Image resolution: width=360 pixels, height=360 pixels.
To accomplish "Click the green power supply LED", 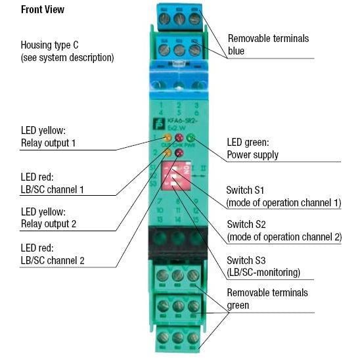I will [191, 138].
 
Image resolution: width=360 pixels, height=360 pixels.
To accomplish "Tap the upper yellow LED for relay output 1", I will [168, 138].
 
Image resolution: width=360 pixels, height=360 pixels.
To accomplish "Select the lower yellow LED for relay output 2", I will [168, 153].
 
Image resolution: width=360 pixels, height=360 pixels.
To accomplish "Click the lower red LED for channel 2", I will [179, 154].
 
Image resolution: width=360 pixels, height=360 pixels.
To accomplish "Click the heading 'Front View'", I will [43, 11].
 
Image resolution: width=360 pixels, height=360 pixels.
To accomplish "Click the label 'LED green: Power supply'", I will [253, 148].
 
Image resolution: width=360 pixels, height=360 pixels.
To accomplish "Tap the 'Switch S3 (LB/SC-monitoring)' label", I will [263, 265].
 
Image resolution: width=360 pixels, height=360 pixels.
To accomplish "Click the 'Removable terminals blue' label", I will [267, 44].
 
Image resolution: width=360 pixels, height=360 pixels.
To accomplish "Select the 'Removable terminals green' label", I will [267, 298].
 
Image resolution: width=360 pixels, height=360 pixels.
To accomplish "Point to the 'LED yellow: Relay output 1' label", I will [50, 136].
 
